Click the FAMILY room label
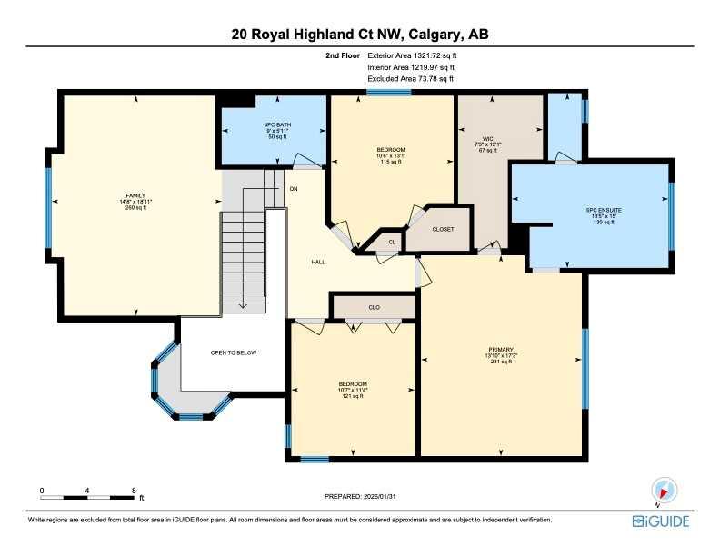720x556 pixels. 135,194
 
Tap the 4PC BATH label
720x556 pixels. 269,124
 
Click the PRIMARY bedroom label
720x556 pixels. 501,349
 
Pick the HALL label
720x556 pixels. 318,262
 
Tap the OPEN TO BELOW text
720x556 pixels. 233,352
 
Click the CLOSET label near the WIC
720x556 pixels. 443,230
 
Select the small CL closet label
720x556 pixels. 392,242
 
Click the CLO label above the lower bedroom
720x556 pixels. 374,307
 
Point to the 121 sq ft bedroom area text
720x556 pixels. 352,397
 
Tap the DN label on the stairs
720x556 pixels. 294,189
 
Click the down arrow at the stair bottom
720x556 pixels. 244,305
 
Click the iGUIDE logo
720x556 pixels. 661,521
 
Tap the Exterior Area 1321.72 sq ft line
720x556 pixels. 411,55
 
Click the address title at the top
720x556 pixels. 360,35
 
